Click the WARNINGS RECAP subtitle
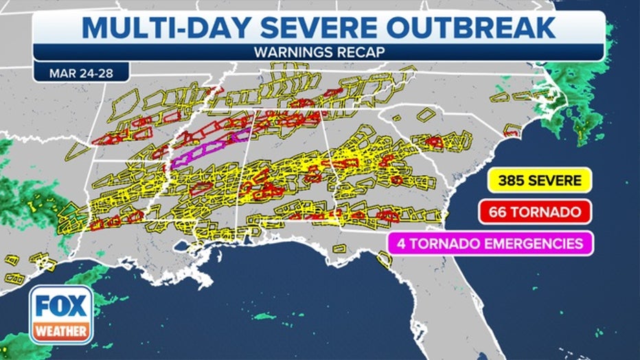[x=319, y=52]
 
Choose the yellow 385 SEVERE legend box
[x=540, y=181]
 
